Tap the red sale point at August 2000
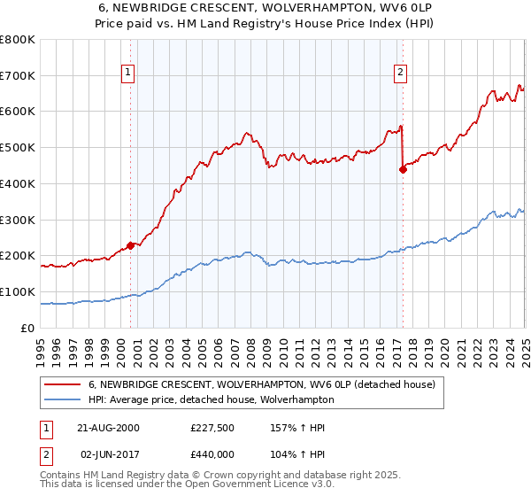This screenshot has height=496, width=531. coord(130,245)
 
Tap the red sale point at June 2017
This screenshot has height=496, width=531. coord(403,169)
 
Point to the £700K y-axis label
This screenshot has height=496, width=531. coord(18,76)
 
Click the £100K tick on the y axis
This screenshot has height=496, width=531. coord(18,292)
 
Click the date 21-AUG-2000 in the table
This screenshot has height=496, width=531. coord(109,428)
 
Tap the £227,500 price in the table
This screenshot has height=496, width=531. coord(210,428)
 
